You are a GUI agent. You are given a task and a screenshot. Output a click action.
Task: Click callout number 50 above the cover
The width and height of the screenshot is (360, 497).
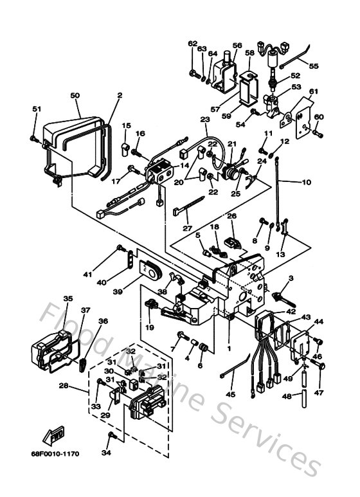pos(75,95)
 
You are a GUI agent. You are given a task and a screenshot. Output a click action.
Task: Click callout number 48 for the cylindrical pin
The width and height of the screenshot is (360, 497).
pos(287,397)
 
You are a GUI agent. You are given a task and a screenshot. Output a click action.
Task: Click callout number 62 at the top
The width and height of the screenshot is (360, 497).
pos(192,43)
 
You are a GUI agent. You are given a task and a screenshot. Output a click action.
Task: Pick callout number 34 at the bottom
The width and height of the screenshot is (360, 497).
pos(106,453)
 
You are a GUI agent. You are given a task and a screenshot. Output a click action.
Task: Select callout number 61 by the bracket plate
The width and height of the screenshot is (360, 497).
pos(313,92)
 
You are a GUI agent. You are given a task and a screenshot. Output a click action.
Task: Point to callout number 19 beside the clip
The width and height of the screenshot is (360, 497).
pos(149,327)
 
